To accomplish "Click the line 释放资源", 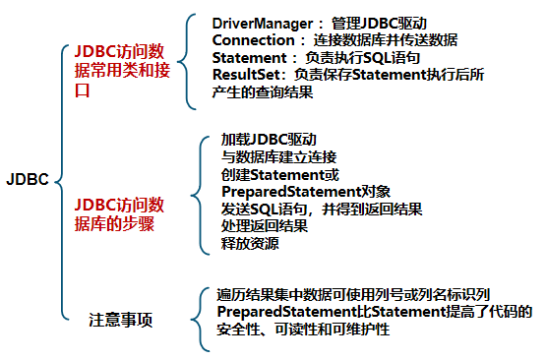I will pos(250,244).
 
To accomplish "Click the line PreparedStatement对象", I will pos(307,191).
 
